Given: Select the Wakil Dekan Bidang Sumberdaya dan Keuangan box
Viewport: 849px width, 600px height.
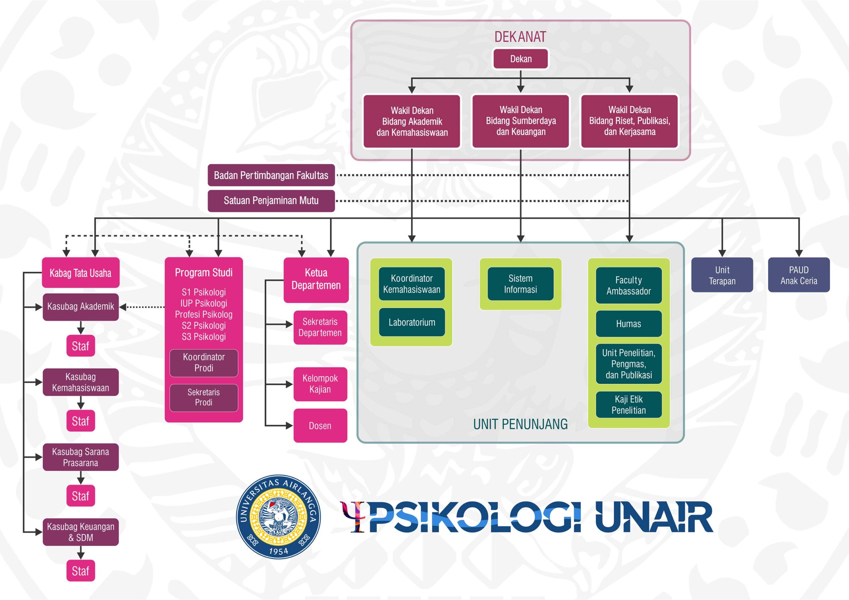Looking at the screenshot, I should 520,121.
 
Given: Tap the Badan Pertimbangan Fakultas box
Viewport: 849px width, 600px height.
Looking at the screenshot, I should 271,175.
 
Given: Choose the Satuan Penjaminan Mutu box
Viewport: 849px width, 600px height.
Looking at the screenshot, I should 271,201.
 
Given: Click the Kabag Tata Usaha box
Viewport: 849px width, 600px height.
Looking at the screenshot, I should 81,273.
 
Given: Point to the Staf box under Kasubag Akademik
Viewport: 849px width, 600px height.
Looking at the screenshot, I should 81,346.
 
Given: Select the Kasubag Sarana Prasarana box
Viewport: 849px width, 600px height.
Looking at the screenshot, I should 81,457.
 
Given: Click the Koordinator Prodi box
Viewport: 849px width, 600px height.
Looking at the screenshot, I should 204,363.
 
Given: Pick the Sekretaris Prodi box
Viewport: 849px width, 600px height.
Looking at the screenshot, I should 204,398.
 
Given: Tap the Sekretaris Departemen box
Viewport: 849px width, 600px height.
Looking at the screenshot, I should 320,327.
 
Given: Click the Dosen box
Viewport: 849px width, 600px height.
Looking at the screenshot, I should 320,425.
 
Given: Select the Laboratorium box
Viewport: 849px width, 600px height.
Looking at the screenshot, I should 412,322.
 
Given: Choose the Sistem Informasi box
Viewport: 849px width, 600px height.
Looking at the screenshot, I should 520,284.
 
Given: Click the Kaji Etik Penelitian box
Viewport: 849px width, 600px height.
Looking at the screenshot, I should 628,405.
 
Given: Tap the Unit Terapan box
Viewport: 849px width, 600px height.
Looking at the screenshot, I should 722,275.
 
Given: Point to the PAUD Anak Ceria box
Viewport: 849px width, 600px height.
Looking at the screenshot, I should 799,275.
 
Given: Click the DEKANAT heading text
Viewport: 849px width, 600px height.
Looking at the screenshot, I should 520,37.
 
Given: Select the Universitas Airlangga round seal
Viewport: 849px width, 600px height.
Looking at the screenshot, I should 279,517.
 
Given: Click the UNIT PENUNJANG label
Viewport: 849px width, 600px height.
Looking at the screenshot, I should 520,424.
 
